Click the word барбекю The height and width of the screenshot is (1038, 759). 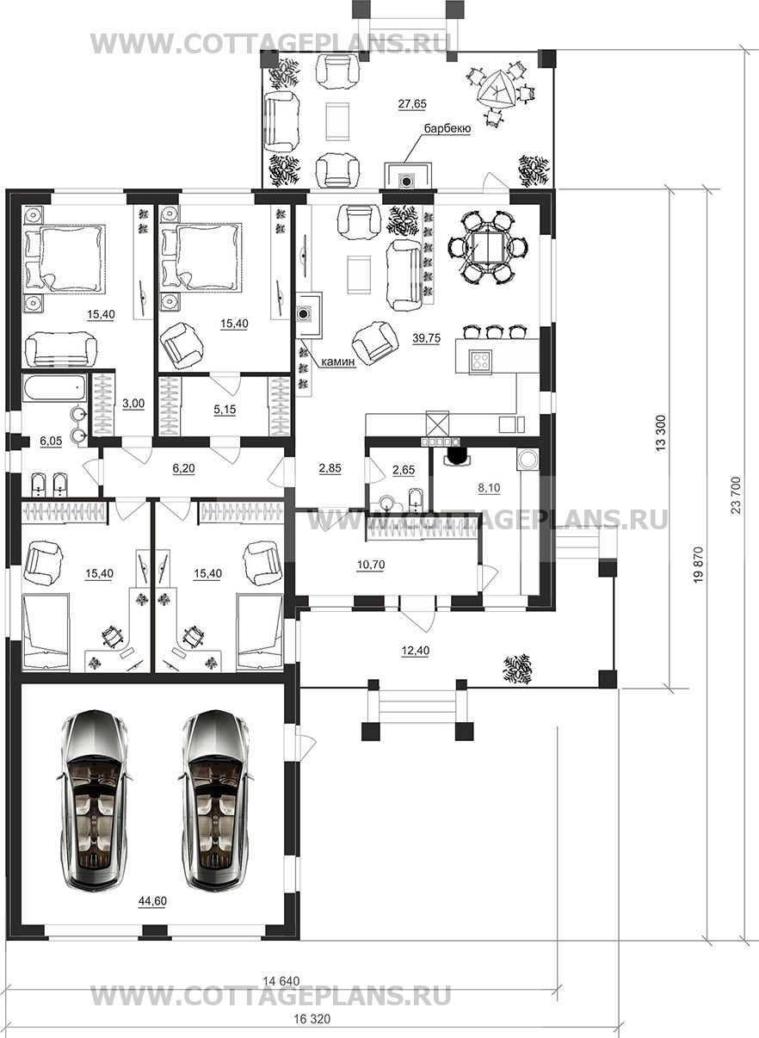[x=447, y=128]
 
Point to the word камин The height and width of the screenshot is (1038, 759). [x=338, y=361]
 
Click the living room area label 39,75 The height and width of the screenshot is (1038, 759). [x=426, y=338]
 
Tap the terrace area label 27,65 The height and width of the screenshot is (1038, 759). [x=412, y=104]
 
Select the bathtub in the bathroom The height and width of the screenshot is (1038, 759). [x=54, y=388]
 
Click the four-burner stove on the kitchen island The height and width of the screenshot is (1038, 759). [x=480, y=360]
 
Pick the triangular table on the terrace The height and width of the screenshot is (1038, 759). [x=496, y=90]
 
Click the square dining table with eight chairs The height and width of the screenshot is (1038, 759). [x=486, y=247]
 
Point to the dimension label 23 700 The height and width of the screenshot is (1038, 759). [x=736, y=495]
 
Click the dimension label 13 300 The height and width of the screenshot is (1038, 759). [x=661, y=432]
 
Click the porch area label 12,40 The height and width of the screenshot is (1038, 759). [x=415, y=651]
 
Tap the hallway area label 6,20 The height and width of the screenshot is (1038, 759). [x=183, y=468]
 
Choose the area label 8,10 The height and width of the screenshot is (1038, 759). [x=490, y=488]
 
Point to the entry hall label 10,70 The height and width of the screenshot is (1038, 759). [x=371, y=565]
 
